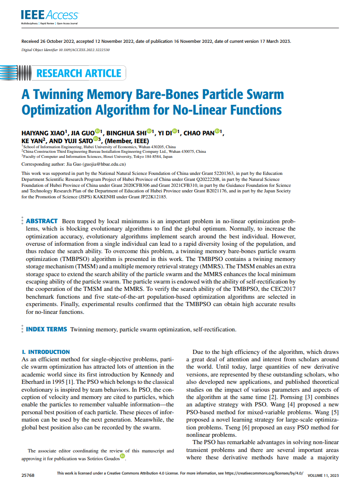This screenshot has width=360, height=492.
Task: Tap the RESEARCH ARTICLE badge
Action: point(78,73)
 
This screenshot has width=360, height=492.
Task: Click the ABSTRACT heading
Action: point(42,221)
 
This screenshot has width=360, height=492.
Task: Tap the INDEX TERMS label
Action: point(46,329)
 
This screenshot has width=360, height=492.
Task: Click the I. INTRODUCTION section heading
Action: point(46,352)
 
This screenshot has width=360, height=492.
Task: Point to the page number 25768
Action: point(27,474)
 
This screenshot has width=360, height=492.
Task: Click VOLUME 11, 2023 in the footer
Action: point(322,475)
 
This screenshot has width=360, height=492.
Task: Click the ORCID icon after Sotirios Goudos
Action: point(122,457)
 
